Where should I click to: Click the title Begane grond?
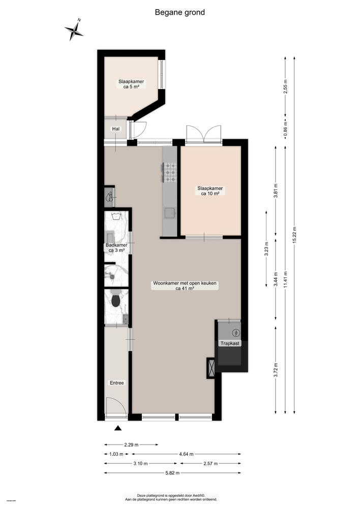point(180,12)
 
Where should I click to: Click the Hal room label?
point(116,129)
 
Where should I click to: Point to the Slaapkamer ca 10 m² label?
point(210,190)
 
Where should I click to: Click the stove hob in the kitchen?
point(169,172)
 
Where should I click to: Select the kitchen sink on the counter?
point(169,212)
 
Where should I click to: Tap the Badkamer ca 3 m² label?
point(117,247)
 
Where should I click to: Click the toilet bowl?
point(116,301)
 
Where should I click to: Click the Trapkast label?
point(230,343)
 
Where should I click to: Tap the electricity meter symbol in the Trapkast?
point(235,333)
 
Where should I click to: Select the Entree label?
point(117,383)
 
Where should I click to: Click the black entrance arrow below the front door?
point(118,429)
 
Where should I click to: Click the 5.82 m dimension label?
point(172,473)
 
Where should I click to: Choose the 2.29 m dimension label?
point(131,444)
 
